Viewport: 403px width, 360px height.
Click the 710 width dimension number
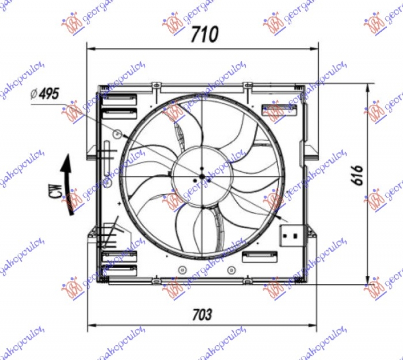pos(204,34)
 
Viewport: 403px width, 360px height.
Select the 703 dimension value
pos(201,314)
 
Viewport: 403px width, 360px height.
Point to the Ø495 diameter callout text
pos(45,93)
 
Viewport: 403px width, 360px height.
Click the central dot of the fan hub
pos(201,176)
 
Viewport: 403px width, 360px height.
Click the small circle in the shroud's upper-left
pos(117,134)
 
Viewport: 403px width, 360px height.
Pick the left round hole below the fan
pos(180,269)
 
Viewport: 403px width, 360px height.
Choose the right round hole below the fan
pos(231,269)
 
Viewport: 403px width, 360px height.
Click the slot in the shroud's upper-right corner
pos(279,108)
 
